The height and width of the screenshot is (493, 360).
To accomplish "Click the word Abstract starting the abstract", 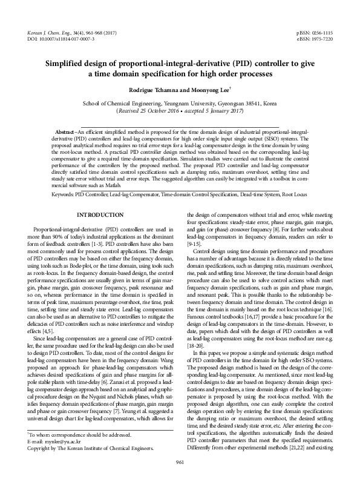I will coord(65,131).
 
